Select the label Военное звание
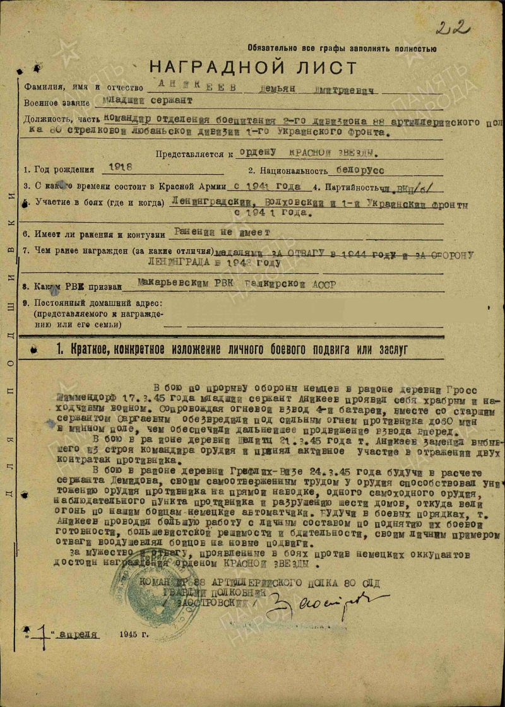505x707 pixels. click(x=59, y=103)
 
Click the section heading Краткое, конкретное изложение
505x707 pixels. click(x=234, y=348)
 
